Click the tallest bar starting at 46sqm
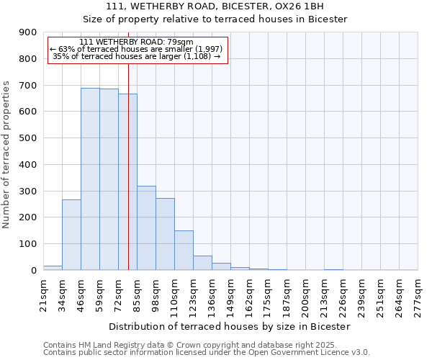(x=90, y=179)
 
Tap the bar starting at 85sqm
(x=146, y=228)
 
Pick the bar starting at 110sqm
(x=184, y=251)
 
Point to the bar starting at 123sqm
(x=202, y=263)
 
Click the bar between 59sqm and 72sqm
(x=109, y=179)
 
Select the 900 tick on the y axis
(x=28, y=32)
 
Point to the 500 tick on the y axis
(x=28, y=138)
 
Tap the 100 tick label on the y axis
(x=28, y=244)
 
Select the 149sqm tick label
(x=231, y=294)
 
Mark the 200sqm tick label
(x=306, y=294)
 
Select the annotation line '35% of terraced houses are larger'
(x=137, y=56)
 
